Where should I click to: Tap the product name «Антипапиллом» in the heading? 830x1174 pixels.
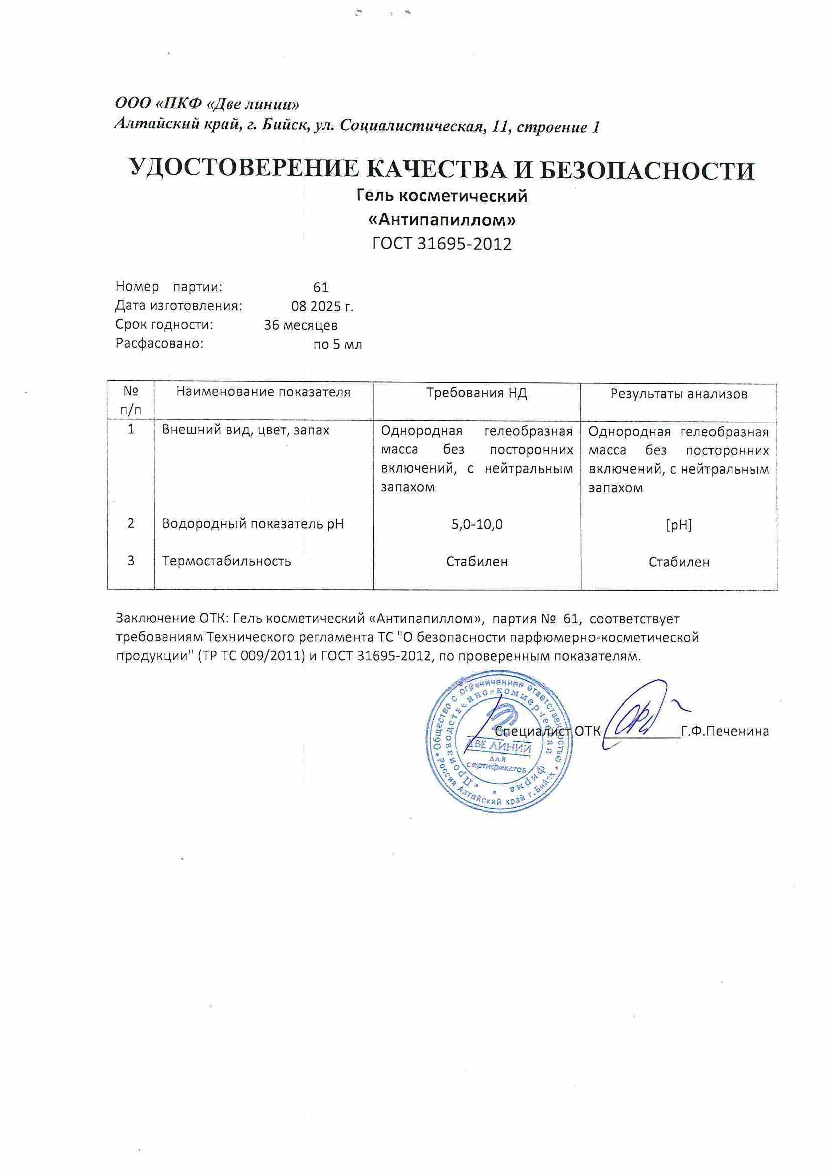442,220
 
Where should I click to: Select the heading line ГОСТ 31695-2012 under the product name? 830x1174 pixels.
442,244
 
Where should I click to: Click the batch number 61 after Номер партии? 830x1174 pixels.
321,287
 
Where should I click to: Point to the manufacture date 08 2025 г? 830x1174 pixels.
322,307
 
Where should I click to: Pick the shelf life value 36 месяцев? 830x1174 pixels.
301,326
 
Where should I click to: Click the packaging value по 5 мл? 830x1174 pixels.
337,345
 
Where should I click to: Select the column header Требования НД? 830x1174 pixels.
477,393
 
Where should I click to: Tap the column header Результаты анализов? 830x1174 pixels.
679,394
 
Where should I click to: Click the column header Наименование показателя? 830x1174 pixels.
264,392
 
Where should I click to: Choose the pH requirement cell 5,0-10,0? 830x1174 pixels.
477,525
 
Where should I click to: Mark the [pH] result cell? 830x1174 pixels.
679,525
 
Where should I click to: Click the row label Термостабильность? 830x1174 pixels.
226,561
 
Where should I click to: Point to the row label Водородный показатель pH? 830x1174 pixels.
253,524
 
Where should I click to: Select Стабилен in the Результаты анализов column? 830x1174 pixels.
679,562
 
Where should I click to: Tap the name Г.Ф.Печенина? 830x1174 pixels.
725,731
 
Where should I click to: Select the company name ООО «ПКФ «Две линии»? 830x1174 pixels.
207,105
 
